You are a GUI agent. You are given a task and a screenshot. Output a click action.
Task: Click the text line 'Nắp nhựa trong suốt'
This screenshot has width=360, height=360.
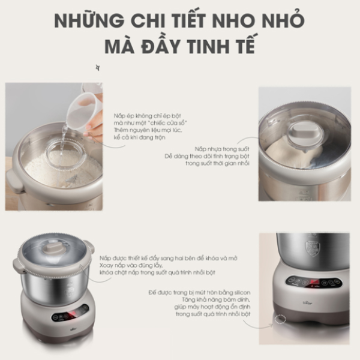click(x=221, y=148)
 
